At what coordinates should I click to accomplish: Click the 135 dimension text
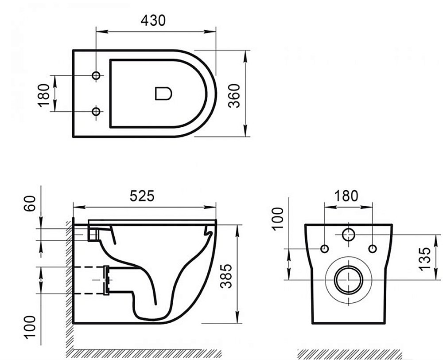pos(424,258)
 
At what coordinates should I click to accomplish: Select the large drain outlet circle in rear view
pos(349,280)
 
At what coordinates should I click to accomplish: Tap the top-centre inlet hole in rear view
pos(349,235)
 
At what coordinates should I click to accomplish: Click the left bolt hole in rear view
pos(325,248)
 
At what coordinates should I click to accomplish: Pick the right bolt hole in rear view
pos(372,248)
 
